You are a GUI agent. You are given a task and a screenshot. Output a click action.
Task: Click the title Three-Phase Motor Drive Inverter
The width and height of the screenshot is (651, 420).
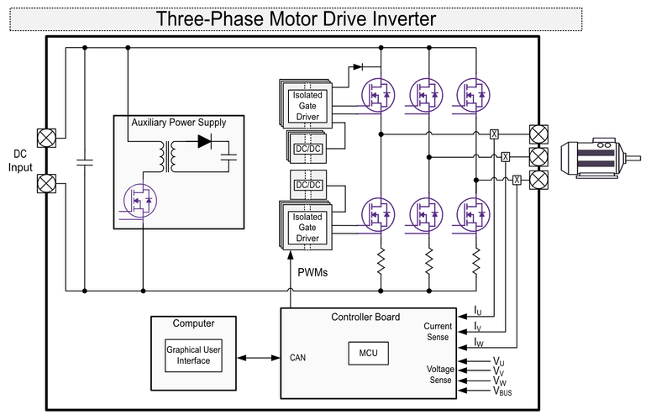[x=296, y=18]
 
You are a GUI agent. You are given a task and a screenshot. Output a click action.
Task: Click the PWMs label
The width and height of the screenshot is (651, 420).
[x=313, y=272]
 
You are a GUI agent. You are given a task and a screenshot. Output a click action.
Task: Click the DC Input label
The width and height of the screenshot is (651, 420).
[x=21, y=160]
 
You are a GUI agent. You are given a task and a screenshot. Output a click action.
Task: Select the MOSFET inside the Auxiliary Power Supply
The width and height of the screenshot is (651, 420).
[x=139, y=200]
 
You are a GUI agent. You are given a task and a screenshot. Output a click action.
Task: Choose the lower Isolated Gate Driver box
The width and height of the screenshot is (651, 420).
[x=307, y=228]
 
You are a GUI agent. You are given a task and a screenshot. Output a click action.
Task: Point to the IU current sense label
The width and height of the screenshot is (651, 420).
[x=478, y=311]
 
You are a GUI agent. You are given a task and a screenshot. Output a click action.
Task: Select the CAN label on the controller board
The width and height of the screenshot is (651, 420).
[x=299, y=358]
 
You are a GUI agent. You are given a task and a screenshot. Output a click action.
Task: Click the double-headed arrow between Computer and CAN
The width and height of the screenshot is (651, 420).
[x=260, y=358]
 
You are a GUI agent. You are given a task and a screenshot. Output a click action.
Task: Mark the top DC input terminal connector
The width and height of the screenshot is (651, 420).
[x=45, y=137]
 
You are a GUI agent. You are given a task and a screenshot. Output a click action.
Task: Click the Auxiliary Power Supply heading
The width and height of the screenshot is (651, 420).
[x=178, y=123]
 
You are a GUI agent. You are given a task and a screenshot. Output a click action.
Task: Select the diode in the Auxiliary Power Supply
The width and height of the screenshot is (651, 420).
[x=204, y=141]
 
